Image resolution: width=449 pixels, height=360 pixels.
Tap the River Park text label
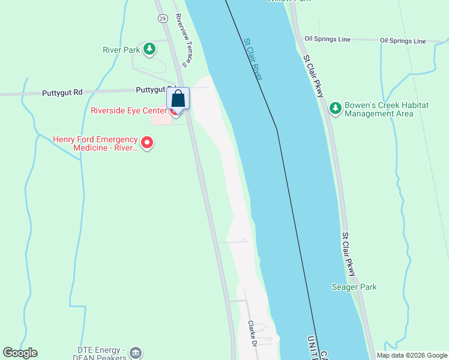click(x=121, y=50)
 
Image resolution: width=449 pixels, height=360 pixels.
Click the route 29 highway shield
click(x=163, y=19)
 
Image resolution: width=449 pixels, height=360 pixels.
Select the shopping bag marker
click(x=178, y=98)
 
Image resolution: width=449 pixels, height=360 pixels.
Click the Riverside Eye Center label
click(x=129, y=110)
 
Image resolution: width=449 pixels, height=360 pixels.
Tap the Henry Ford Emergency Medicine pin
click(x=147, y=143)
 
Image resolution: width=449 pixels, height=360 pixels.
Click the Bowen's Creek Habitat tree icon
click(x=335, y=109)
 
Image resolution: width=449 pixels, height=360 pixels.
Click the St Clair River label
click(x=253, y=60)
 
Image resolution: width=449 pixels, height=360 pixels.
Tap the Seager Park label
click(x=354, y=287)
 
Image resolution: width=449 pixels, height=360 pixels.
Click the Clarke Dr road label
click(x=253, y=334)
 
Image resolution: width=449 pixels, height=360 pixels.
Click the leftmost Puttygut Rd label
click(x=62, y=93)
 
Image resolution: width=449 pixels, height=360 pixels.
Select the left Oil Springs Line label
click(x=327, y=39)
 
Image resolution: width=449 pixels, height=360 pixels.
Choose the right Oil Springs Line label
click(x=403, y=41)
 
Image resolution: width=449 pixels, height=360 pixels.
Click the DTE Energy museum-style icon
click(x=136, y=353)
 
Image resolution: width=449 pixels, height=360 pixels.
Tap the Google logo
click(x=20, y=353)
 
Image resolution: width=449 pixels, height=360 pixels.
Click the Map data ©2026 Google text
click(x=412, y=355)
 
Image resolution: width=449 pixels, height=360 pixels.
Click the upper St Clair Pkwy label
click(x=313, y=77)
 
